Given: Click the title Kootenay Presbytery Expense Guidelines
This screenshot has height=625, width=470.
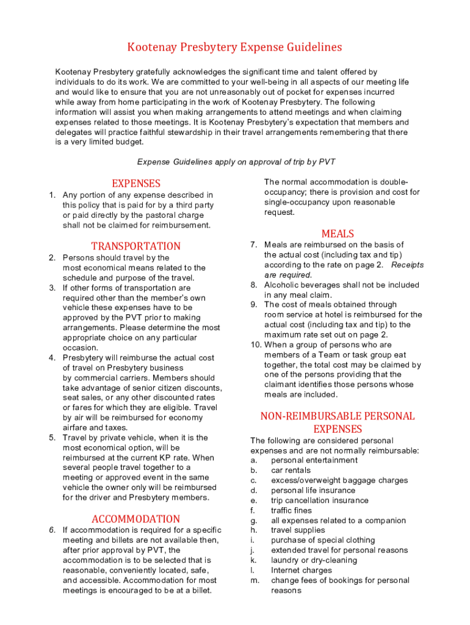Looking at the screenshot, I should (x=234, y=47).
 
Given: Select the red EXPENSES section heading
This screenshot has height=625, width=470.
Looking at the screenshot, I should (x=136, y=183).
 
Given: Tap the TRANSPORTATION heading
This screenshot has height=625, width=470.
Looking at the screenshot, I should (x=136, y=246).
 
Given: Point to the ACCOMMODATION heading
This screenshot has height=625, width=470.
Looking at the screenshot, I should (x=136, y=519).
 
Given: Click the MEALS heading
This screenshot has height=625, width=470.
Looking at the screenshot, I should (x=338, y=233).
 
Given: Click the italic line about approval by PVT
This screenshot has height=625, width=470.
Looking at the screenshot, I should (x=236, y=162).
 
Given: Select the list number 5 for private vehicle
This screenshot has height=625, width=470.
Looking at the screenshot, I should (x=52, y=438).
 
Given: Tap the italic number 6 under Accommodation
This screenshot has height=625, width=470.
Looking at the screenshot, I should (x=52, y=530).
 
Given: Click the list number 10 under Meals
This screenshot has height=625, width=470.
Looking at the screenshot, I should (x=255, y=345).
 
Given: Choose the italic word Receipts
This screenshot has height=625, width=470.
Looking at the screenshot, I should (x=407, y=265).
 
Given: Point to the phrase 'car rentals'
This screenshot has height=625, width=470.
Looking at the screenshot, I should (x=291, y=471).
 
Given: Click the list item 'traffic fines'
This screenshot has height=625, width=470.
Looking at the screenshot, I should (x=291, y=510).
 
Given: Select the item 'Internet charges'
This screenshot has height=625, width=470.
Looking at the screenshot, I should (x=302, y=570).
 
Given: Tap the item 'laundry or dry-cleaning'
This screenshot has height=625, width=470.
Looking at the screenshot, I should (x=314, y=560).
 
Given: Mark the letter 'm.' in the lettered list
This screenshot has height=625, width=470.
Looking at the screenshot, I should (x=255, y=580).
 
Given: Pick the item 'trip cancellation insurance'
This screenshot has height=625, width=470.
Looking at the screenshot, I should (x=320, y=500).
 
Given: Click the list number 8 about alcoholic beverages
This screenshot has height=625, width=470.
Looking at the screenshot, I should (x=253, y=285).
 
